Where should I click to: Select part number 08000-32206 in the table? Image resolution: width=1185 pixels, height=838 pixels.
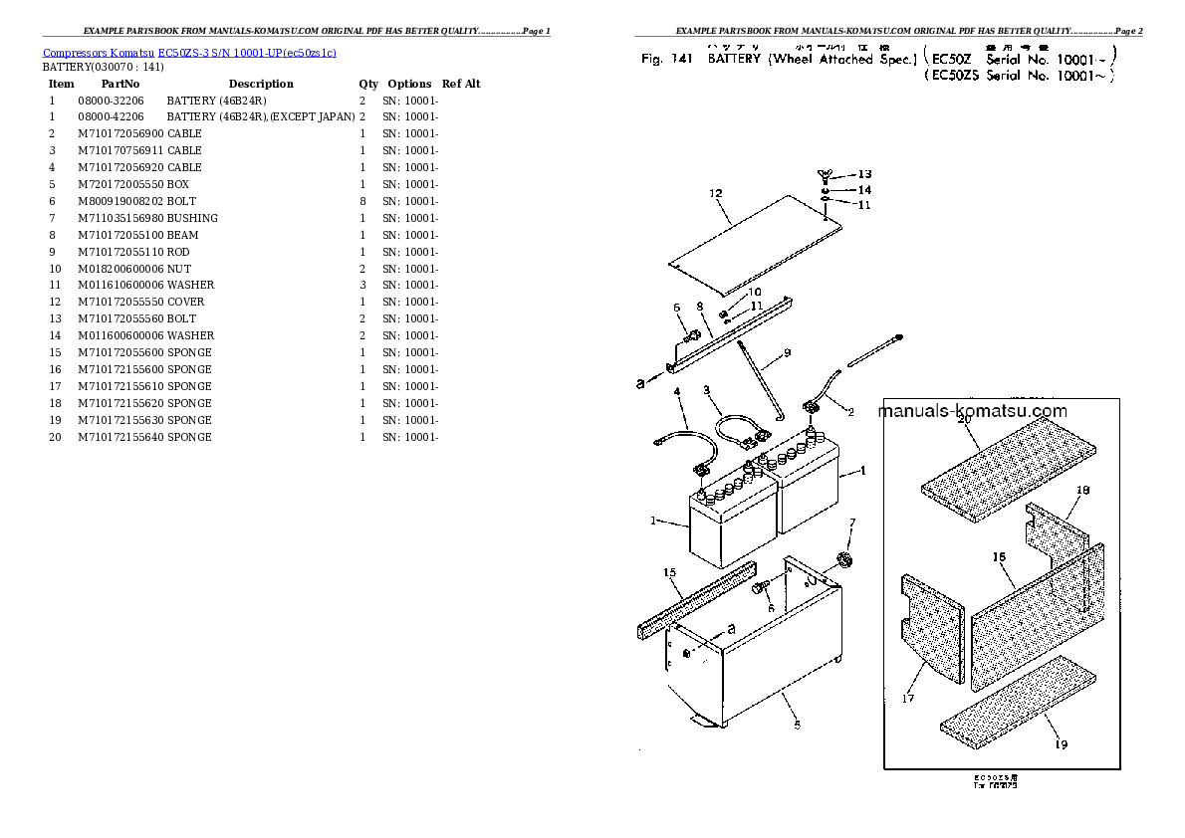pos(111,101)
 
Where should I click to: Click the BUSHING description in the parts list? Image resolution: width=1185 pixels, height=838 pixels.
pos(192,218)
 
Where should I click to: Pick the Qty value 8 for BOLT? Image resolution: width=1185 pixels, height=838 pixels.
pos(361,201)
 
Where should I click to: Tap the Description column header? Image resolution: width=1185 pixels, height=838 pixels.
pos(261,84)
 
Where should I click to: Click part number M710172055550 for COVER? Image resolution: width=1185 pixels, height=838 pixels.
pos(120,302)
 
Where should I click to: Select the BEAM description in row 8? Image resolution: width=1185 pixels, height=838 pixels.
pos(182,235)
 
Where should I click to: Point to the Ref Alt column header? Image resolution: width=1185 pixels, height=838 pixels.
pos(461,84)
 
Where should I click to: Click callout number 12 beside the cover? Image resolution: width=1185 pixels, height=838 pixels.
pos(713,193)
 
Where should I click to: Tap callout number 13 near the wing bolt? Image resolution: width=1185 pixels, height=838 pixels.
pos(863,174)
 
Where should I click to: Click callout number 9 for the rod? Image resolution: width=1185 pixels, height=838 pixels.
pos(787,352)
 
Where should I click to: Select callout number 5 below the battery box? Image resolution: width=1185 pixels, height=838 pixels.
pos(796,725)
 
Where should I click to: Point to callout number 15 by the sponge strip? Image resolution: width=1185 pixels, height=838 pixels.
pos(669,572)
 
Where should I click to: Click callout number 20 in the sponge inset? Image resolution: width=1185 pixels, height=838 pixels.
pos(963,421)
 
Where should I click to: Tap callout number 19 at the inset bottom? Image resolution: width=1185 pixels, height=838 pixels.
pos(1062,743)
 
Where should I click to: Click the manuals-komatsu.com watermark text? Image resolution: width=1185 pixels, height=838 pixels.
pos(972,411)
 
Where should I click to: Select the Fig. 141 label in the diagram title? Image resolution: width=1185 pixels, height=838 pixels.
pos(666,59)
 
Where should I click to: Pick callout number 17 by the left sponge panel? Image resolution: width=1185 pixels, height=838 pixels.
pos(907,699)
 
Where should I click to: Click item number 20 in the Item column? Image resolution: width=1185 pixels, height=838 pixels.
pos(55,437)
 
